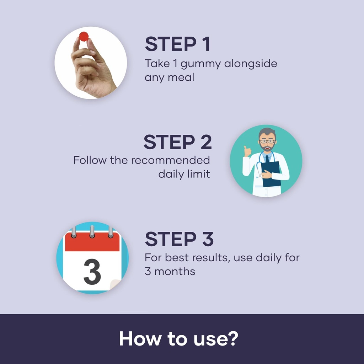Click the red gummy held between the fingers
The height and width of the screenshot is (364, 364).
(84, 37)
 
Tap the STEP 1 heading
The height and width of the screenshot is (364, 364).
(178, 44)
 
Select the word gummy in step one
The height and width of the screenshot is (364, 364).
(200, 64)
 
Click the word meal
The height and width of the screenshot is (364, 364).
(181, 77)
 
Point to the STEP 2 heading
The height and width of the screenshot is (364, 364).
(178, 142)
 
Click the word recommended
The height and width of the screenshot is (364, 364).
(170, 160)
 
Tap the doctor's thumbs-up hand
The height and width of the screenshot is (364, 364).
(247, 151)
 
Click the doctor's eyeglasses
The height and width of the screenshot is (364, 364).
(267, 141)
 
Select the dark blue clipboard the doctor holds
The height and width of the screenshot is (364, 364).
(271, 174)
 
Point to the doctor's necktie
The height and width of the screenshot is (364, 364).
(267, 159)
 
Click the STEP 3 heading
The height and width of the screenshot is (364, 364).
(179, 239)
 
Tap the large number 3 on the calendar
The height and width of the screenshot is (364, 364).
(92, 272)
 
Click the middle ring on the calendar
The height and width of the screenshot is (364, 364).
(92, 231)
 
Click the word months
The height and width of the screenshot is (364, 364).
(175, 271)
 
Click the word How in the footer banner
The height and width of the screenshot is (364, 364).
(140, 338)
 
